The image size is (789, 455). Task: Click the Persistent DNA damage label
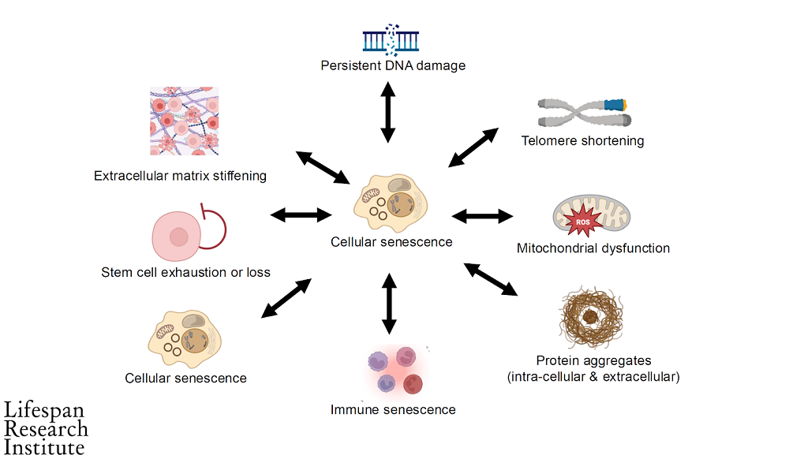[x=393, y=65]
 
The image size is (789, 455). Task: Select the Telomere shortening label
[x=582, y=141]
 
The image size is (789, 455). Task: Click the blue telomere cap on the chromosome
[x=614, y=104]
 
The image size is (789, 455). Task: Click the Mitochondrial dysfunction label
[x=593, y=248]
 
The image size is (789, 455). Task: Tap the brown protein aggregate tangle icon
[x=591, y=319]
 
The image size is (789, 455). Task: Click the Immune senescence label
[x=393, y=409]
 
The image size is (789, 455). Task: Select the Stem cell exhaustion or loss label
[x=186, y=273]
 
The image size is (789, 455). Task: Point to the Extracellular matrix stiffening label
[x=180, y=176]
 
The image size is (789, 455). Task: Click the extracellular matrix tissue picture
[x=184, y=121]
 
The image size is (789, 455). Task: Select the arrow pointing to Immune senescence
[x=388, y=303]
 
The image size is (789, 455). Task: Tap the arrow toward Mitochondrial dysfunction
[x=483, y=214]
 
